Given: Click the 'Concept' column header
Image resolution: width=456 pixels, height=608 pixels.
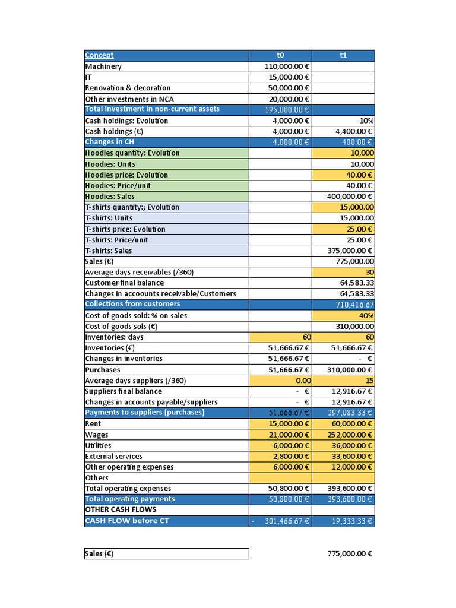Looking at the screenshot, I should pos(99,55).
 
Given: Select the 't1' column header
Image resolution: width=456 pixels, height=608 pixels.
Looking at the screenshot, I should pos(343,55).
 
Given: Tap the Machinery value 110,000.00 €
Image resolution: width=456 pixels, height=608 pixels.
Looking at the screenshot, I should pos(286,66).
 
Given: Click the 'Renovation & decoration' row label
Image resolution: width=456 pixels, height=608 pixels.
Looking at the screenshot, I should pos(128,88).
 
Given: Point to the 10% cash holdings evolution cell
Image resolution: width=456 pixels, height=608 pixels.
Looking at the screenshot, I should pos(366,121).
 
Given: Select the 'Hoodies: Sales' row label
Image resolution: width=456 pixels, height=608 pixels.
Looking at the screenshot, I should pos(110,197).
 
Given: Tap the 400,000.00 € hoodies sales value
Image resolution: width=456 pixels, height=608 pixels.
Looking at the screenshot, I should pos(350,197).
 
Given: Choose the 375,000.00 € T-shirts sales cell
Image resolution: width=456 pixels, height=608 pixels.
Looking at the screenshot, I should pos(350,251).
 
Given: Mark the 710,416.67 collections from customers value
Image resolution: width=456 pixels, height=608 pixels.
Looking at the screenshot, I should pos(354,305).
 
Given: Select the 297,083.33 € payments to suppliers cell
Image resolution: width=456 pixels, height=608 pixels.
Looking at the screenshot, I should pos(350,413).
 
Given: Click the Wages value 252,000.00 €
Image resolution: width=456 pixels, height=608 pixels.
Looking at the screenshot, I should pos(350,435).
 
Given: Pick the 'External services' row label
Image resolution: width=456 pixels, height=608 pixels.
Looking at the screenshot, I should pos(114,457).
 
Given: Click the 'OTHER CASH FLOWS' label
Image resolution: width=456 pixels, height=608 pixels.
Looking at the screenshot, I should pos(121,510).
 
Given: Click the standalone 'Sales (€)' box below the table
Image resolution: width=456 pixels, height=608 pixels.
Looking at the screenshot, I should pos(166,553).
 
